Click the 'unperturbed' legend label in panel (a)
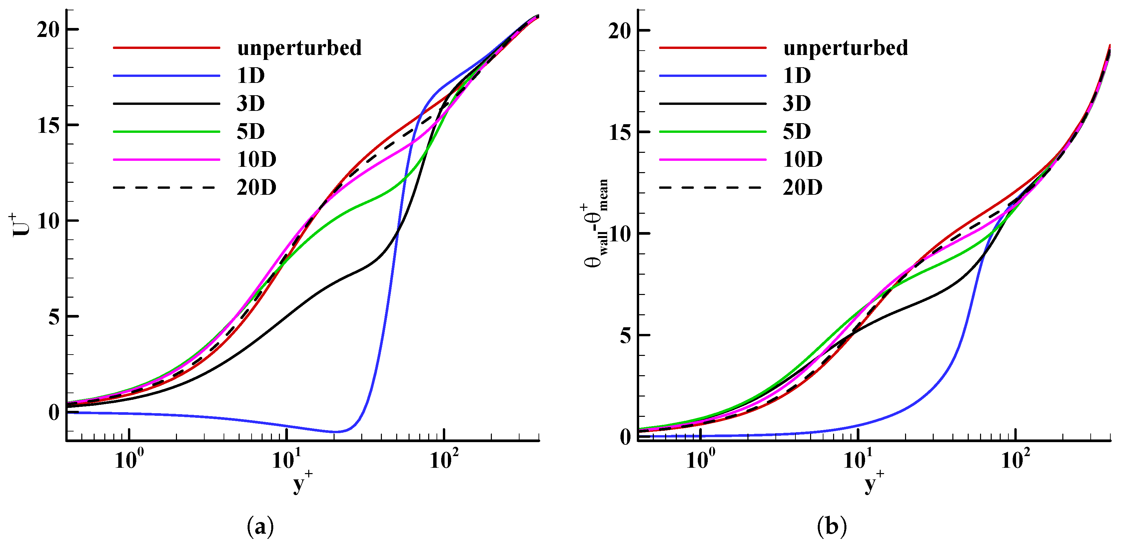(299, 48)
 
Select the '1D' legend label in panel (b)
(797, 76)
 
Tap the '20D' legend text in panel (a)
(256, 187)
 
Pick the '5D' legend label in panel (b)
(797, 131)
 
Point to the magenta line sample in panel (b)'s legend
(712, 159)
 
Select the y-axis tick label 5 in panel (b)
(625, 335)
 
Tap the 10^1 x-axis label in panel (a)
(286, 460)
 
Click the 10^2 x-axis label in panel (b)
(1015, 460)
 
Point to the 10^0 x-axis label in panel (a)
(128, 460)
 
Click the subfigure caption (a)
(260, 526)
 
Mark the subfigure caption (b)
(832, 526)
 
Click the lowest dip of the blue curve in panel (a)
(337, 432)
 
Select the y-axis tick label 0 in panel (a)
(54, 412)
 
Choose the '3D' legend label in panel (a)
(251, 104)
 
